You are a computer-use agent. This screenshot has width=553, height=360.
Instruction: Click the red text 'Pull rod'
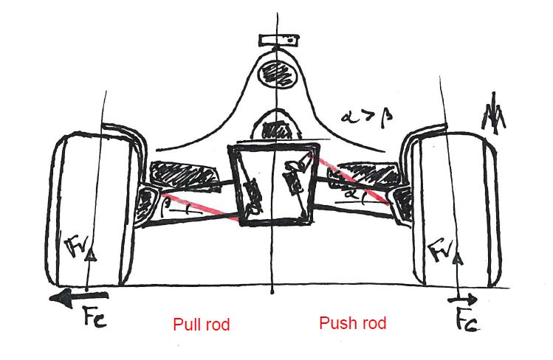tap(202, 325)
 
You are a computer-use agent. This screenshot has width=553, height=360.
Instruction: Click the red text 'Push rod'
tap(352, 323)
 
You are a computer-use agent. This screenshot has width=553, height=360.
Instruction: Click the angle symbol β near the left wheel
tap(169, 200)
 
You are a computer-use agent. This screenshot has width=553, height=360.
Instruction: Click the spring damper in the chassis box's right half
tap(294, 177)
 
